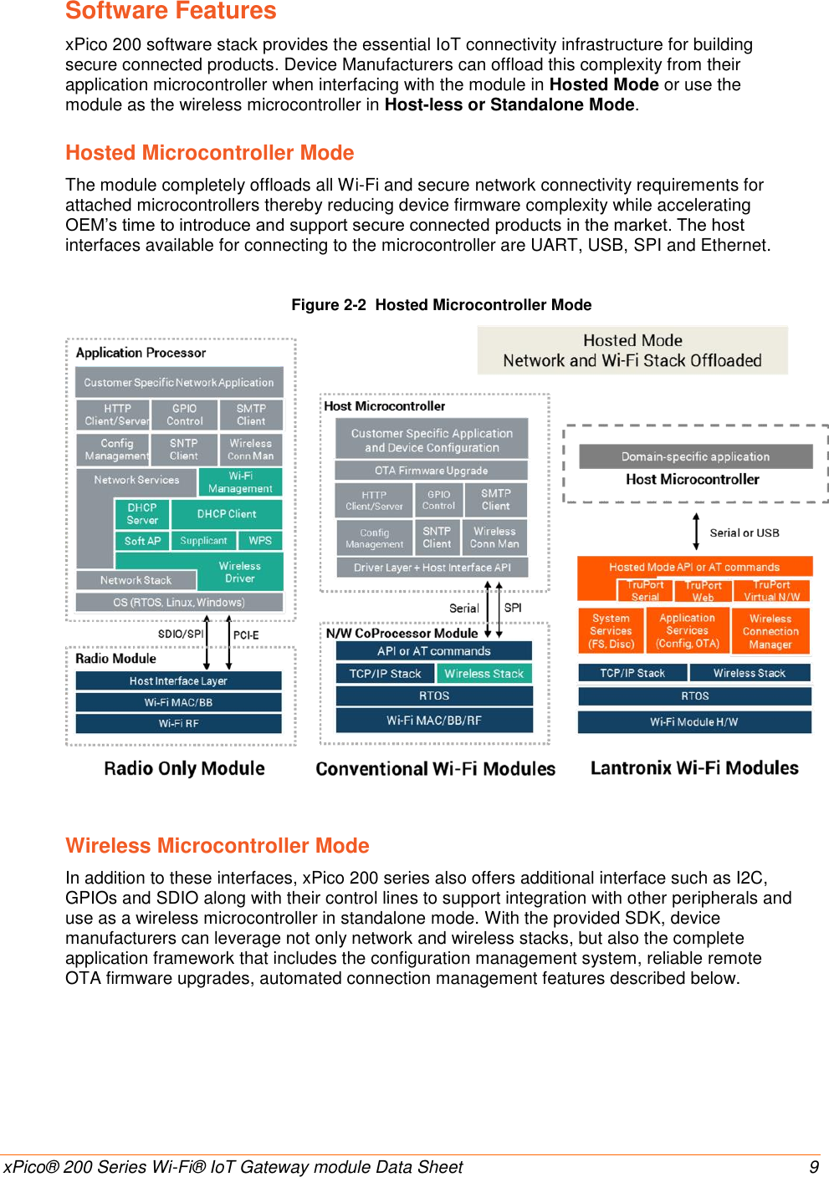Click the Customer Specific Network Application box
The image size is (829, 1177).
point(179,382)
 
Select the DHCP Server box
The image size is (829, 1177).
point(142,514)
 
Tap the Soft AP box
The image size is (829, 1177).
point(142,541)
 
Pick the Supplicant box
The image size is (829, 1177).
point(203,541)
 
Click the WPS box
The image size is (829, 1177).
point(260,541)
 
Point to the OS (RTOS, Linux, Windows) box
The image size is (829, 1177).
point(179,602)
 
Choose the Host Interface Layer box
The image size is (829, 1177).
point(178,680)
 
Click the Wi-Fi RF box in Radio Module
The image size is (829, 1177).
point(178,723)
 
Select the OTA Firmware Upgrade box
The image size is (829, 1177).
point(431,471)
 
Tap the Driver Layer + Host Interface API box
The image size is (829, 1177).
point(432,568)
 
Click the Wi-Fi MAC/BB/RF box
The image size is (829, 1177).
point(434,720)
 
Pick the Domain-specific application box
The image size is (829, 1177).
point(695,456)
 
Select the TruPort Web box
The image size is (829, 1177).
point(703,591)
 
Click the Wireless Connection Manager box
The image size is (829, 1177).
point(770,631)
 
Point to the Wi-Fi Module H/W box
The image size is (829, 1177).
point(694,721)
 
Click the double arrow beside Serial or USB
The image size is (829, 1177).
point(696,532)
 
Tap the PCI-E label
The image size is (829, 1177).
point(246,635)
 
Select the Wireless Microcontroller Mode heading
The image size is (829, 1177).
point(217,845)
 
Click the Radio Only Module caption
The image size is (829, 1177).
point(184,768)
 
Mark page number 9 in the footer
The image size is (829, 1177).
point(813,1167)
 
